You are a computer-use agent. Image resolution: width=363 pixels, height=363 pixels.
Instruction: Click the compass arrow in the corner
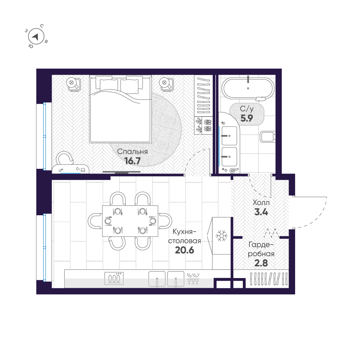36,36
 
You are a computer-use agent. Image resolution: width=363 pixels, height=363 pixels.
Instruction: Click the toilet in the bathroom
268,137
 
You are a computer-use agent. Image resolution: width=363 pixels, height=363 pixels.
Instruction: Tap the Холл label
261,203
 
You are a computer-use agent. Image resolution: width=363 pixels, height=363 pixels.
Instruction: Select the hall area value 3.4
261,212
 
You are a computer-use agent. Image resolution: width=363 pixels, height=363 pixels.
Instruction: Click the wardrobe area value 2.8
261,263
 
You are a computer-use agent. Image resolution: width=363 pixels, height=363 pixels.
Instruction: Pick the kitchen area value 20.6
185,250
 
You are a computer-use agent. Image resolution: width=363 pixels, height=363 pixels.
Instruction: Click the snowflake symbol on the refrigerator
221,236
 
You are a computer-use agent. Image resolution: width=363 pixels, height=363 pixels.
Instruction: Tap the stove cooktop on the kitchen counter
114,278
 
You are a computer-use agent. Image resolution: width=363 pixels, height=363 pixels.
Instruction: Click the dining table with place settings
130,221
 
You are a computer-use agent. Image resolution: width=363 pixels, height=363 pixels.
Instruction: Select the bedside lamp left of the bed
72,83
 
